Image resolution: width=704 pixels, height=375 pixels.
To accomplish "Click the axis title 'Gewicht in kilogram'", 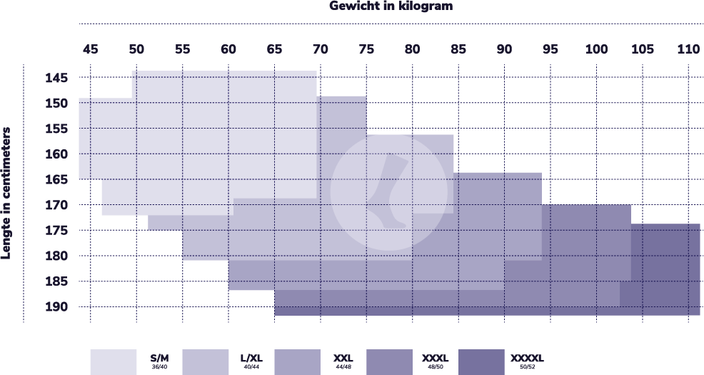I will pyautogui.click(x=391, y=6).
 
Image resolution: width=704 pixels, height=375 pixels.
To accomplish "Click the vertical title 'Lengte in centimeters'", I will pyautogui.click(x=7, y=193).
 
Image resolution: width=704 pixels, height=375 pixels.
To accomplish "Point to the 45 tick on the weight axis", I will pyautogui.click(x=90, y=49).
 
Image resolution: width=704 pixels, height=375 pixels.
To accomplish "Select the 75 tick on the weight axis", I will pyautogui.click(x=366, y=49).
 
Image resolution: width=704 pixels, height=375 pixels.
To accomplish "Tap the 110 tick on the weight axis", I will pyautogui.click(x=688, y=49).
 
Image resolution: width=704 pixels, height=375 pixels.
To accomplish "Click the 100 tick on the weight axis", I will pyautogui.click(x=596, y=49).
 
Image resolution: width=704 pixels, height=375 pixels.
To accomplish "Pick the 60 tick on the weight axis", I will pyautogui.click(x=228, y=49).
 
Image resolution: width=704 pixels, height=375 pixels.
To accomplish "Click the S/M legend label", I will pyautogui.click(x=159, y=357).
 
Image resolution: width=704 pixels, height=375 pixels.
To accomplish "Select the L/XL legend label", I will pyautogui.click(x=251, y=357).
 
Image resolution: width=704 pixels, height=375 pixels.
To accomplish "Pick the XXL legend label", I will pyautogui.click(x=343, y=357).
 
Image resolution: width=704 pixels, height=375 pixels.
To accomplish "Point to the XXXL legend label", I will pyautogui.click(x=435, y=357).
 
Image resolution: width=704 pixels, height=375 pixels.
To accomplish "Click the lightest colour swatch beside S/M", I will pyautogui.click(x=113, y=361).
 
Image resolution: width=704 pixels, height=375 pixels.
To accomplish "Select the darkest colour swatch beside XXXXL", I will pyautogui.click(x=481, y=361).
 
